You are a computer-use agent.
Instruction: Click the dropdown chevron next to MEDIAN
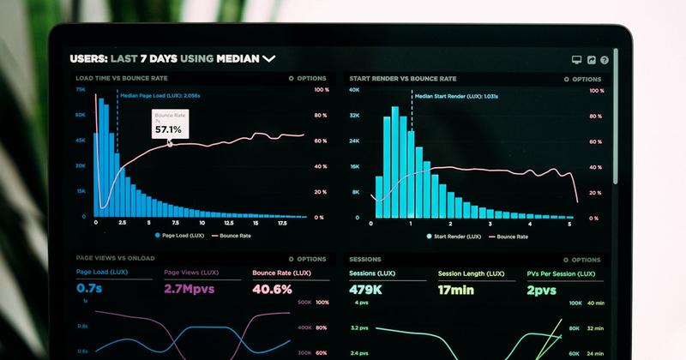(x=268, y=59)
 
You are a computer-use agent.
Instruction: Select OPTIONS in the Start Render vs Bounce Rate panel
(x=585, y=79)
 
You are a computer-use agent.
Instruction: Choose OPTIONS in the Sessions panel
(x=585, y=260)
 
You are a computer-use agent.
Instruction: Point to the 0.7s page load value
(x=89, y=289)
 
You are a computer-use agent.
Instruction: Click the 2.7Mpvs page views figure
(x=189, y=289)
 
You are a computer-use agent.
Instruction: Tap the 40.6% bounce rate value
(x=273, y=289)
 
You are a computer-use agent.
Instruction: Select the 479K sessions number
(x=365, y=289)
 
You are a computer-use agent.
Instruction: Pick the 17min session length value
(x=456, y=289)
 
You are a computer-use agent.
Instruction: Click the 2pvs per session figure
(x=542, y=289)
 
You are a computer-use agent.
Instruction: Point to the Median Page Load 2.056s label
(x=159, y=96)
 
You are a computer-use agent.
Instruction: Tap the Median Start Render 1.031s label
(x=456, y=96)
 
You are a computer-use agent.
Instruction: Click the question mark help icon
(x=605, y=60)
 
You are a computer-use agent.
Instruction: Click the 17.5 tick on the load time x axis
(x=282, y=223)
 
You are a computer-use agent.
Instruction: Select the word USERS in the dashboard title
(x=87, y=59)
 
